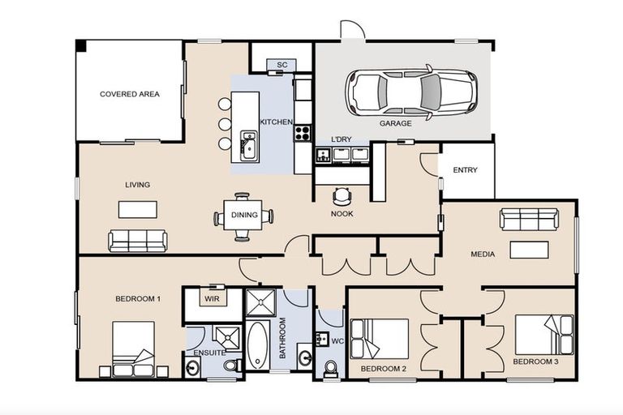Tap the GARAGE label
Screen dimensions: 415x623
click(x=396, y=124)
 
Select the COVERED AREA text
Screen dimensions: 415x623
click(x=130, y=94)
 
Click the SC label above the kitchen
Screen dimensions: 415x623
click(x=281, y=65)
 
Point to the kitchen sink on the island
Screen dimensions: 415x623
click(x=248, y=147)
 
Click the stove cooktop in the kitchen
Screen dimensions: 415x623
click(x=303, y=133)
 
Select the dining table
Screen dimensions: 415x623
click(x=243, y=216)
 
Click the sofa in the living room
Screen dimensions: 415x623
click(x=138, y=240)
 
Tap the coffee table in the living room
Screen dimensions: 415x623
click(x=138, y=209)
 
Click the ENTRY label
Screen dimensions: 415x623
click(x=466, y=170)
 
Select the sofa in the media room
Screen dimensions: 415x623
click(x=529, y=219)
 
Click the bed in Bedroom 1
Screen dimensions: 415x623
click(x=133, y=349)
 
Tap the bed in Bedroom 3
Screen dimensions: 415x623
click(x=544, y=334)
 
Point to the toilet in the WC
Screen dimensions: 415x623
click(x=330, y=370)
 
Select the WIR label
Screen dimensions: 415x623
click(x=213, y=299)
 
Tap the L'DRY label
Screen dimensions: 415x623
click(x=342, y=140)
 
